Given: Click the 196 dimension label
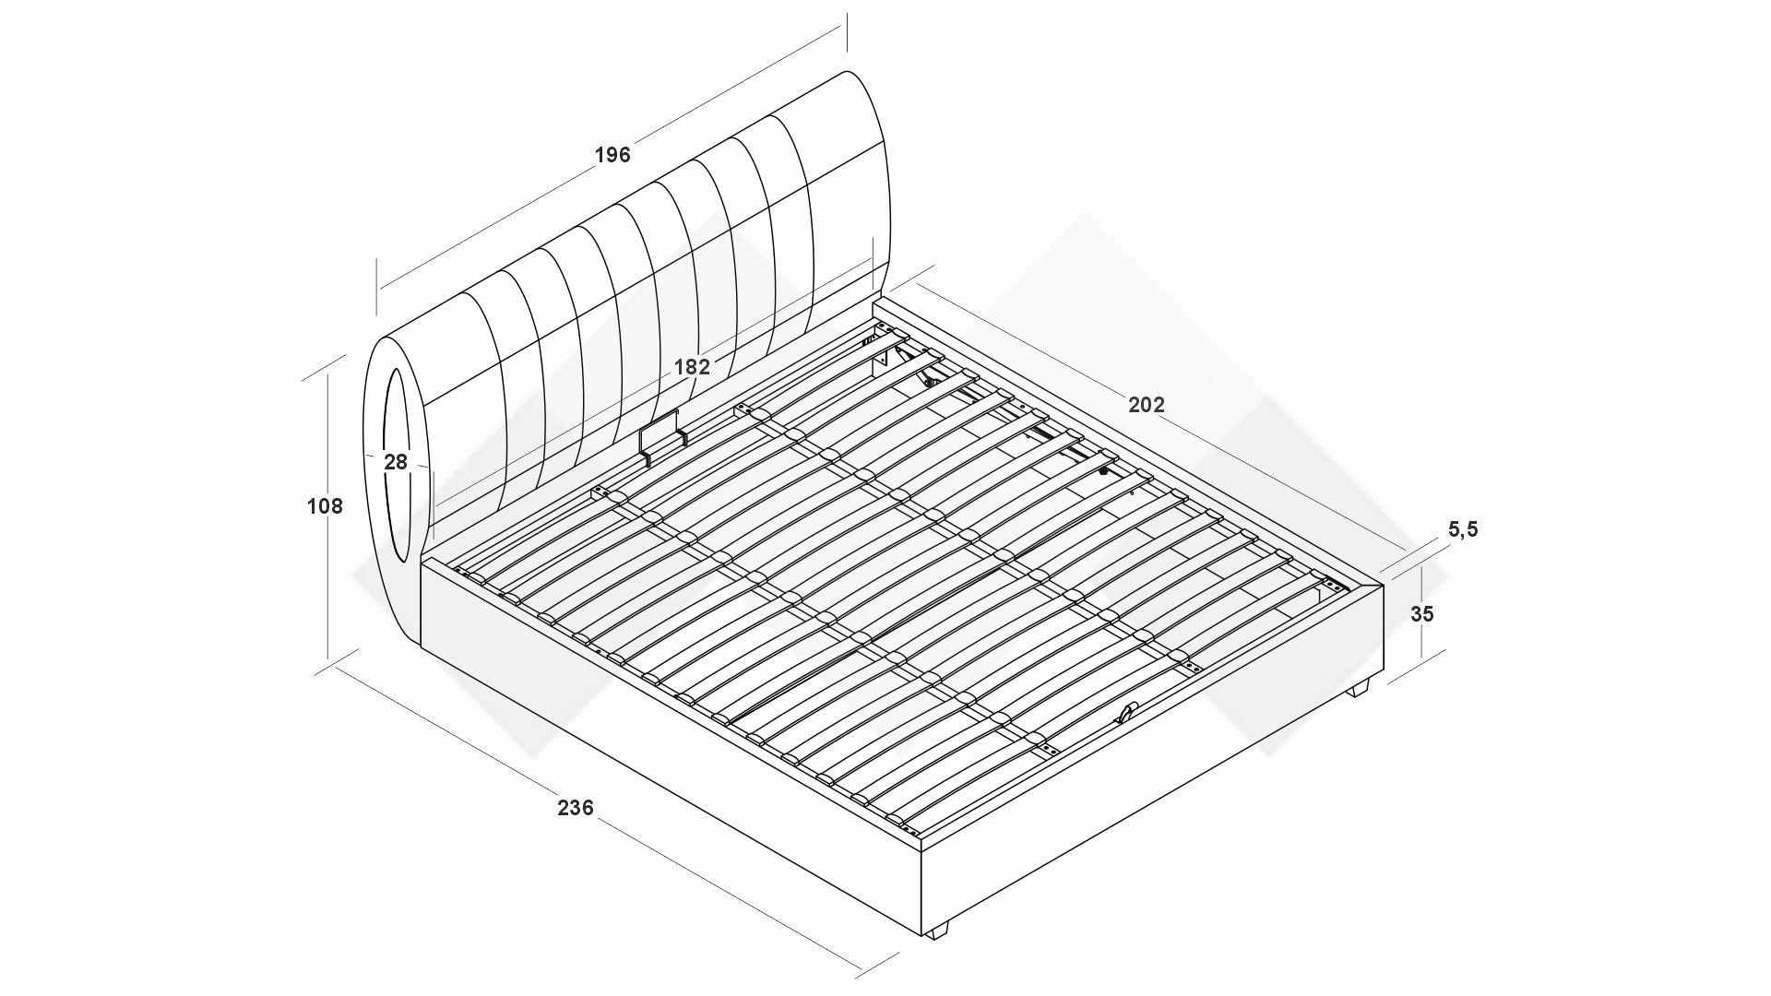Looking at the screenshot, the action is point(612,155).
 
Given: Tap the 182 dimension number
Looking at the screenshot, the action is point(692,367).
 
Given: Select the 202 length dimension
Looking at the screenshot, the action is point(1147,405).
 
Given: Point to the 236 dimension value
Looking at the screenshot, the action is point(576,808).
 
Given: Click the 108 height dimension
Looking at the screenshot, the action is point(324,506).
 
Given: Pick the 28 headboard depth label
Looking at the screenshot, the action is point(396,462).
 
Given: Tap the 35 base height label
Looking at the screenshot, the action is point(1422,614).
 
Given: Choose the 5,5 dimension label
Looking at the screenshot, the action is point(1463,529).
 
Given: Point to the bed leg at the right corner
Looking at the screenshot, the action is point(1360,689).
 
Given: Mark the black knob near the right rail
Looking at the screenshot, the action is point(1102,471).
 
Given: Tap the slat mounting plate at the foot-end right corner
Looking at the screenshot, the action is point(1331,585).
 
